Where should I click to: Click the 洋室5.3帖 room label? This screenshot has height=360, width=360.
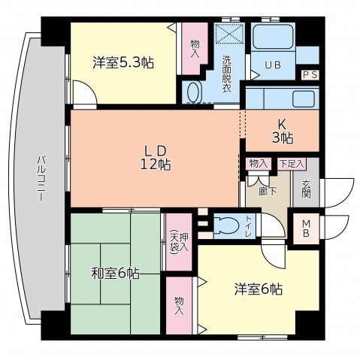click(x=123, y=63)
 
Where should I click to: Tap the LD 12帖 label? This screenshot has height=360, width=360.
click(x=155, y=158)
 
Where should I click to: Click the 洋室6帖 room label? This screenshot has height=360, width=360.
click(x=258, y=288)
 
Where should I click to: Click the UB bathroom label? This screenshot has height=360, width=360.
click(x=273, y=65)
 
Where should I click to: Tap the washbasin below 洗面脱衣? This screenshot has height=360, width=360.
click(x=194, y=93)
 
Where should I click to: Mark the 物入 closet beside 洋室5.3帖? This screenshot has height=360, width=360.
click(x=195, y=50)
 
